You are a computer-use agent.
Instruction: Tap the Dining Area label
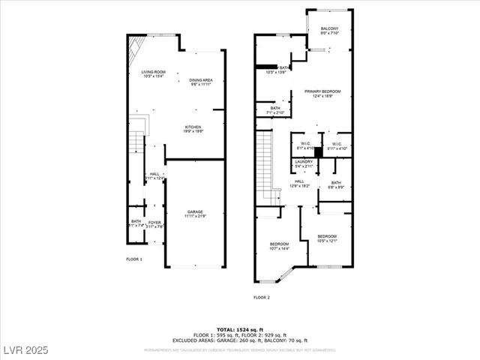(x=200, y=82)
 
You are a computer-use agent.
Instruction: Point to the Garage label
(x=195, y=214)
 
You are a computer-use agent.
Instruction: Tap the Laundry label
(x=304, y=163)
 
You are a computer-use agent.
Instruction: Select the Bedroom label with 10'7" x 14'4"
(x=279, y=246)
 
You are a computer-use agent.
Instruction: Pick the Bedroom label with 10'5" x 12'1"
(x=326, y=238)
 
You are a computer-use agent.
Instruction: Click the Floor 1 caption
(x=133, y=259)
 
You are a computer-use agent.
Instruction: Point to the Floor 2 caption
(x=261, y=298)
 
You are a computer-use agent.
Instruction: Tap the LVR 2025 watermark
(x=26, y=350)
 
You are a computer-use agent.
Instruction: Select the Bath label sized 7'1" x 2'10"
(x=274, y=111)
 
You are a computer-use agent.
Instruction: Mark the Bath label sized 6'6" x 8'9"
(x=335, y=184)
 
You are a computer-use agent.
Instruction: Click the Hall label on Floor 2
(x=299, y=183)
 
